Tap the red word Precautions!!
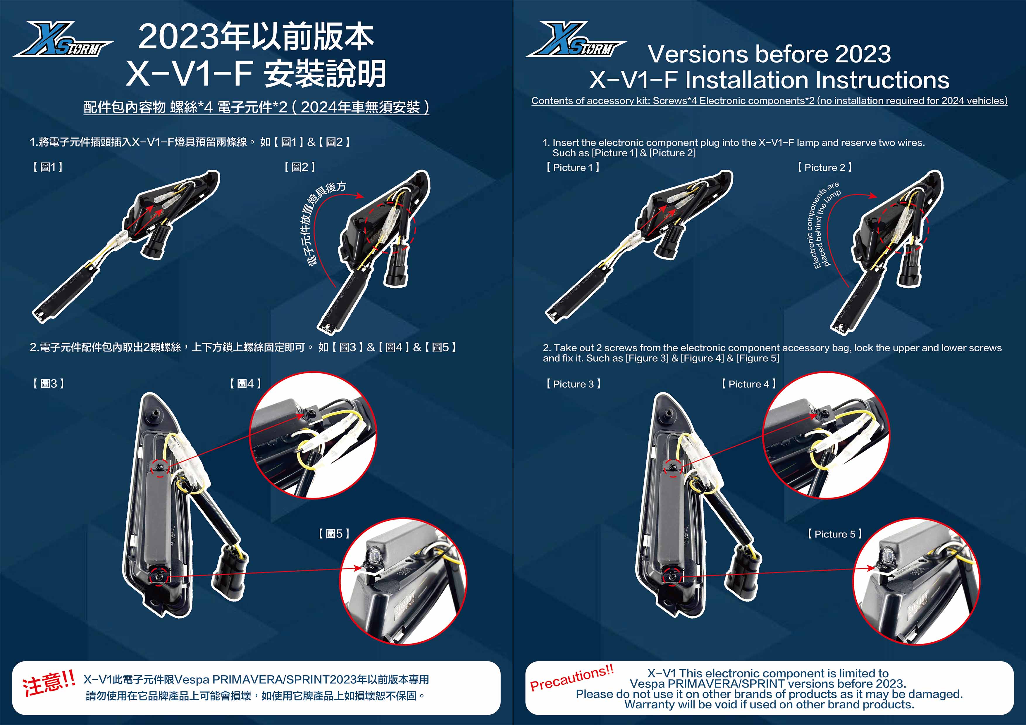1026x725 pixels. click(572, 678)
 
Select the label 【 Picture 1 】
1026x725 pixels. click(572, 168)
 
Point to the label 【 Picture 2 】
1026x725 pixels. click(824, 168)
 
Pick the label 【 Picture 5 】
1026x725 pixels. click(834, 534)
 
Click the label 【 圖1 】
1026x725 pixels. click(48, 167)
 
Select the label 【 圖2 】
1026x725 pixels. click(299, 167)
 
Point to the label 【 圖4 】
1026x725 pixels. click(245, 384)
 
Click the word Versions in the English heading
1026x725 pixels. click(698, 54)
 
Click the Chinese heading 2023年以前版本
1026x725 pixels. click(256, 37)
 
